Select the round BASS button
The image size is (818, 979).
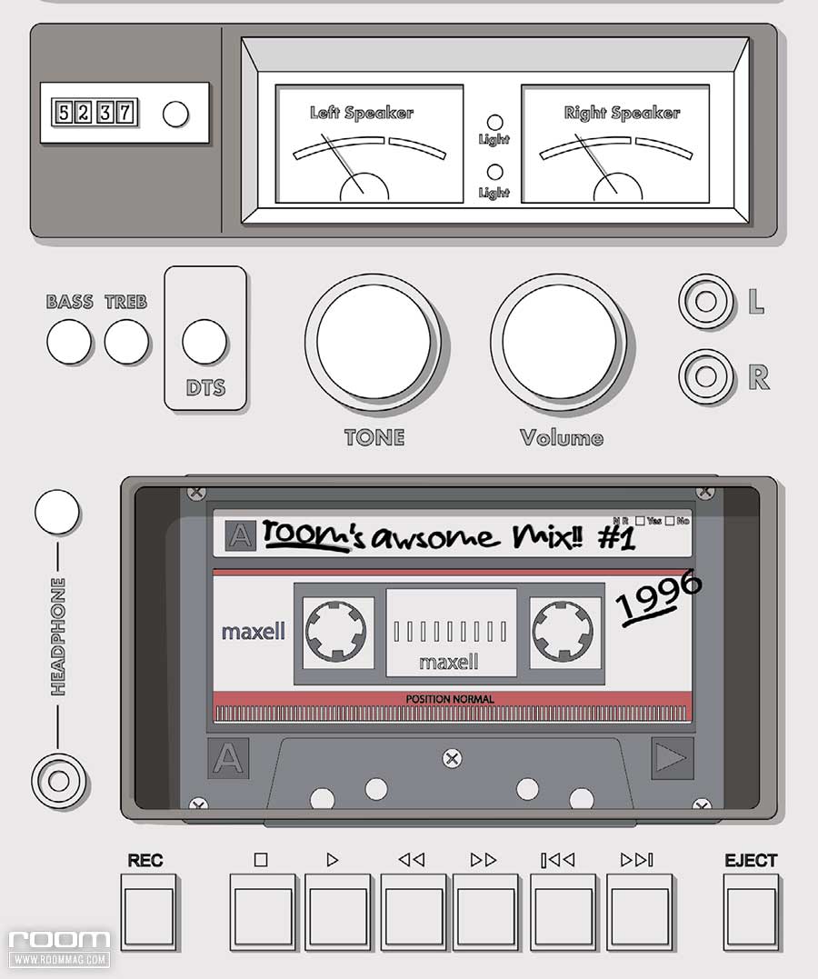pyautogui.click(x=69, y=343)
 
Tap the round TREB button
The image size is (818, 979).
pyautogui.click(x=126, y=343)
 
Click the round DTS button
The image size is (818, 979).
pyautogui.click(x=204, y=342)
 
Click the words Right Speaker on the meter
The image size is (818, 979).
pyautogui.click(x=622, y=114)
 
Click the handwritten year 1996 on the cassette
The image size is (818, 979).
pyautogui.click(x=659, y=597)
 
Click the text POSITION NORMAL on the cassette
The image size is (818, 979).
pyautogui.click(x=450, y=699)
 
